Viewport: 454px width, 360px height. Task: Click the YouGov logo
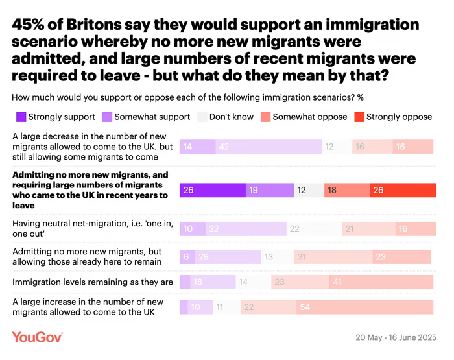(x=37, y=337)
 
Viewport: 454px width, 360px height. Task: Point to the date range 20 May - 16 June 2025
(x=396, y=338)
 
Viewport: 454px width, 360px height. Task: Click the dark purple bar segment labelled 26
(x=212, y=190)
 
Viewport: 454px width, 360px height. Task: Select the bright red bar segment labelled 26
(x=403, y=190)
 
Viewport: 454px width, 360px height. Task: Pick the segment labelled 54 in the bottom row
(x=365, y=307)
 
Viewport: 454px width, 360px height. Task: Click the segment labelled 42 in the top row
(x=269, y=147)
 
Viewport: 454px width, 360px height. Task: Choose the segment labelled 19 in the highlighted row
(x=270, y=190)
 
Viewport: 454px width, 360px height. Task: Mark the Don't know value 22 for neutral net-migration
(x=314, y=229)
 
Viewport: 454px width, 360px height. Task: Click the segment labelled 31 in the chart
(x=333, y=257)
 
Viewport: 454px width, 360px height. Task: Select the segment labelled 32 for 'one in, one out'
(x=246, y=229)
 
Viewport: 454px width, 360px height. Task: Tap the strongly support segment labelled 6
(x=185, y=257)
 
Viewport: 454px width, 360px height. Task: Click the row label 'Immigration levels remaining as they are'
(x=93, y=282)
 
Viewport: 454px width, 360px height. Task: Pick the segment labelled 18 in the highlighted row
(x=347, y=190)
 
